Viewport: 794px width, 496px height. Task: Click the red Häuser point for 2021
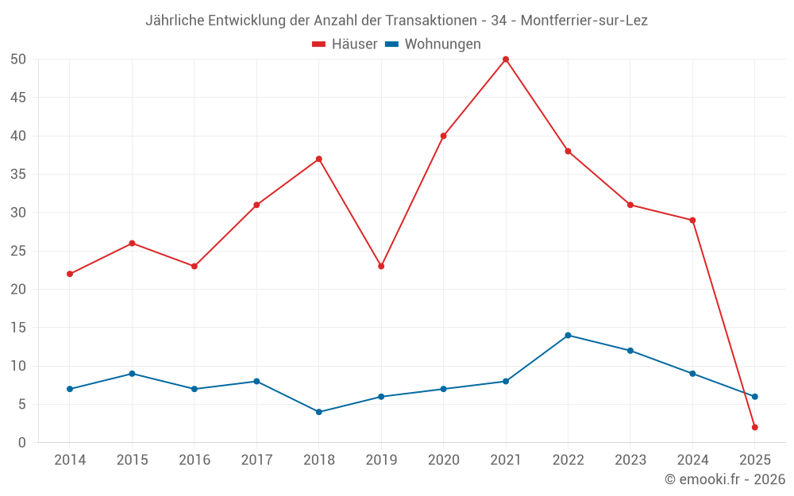[506, 60]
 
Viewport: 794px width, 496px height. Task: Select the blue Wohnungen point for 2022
[568, 335]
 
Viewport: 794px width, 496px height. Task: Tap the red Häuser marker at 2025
[754, 427]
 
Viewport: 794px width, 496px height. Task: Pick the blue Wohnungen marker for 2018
[318, 412]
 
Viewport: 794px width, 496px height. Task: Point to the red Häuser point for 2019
[381, 266]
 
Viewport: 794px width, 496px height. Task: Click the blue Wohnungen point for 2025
[754, 397]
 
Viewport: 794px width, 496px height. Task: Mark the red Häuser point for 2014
[70, 274]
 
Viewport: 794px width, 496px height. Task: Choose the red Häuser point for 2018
[318, 159]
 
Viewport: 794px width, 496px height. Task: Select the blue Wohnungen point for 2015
[132, 374]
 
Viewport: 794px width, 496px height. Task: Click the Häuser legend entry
[345, 44]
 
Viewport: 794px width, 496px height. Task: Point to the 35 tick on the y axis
[18, 175]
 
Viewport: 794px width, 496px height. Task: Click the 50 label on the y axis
[18, 60]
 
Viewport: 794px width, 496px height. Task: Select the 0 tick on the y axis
[22, 443]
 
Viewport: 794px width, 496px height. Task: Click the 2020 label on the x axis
[443, 460]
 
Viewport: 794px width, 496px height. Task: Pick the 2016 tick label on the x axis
[195, 460]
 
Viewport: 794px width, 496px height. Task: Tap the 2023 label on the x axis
[630, 460]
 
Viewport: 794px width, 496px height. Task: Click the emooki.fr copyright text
[725, 479]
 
